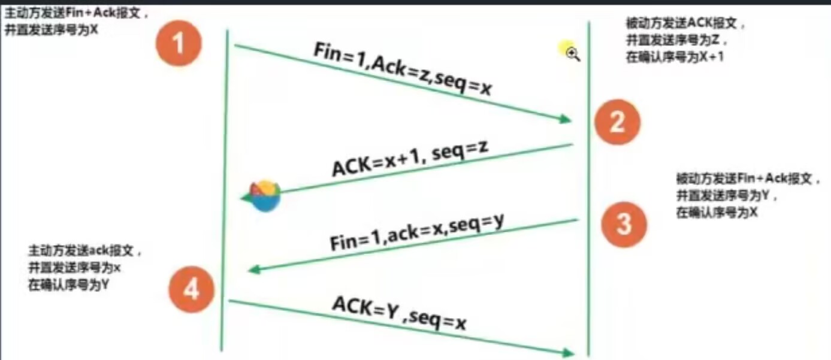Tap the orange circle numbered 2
pyautogui.click(x=617, y=122)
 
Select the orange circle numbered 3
pyautogui.click(x=624, y=224)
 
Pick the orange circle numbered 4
pyautogui.click(x=191, y=291)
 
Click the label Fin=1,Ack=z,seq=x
pyautogui.click(x=403, y=71)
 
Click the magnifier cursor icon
pyautogui.click(x=573, y=55)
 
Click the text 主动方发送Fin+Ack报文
pyautogui.click(x=78, y=11)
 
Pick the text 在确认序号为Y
pyautogui.click(x=68, y=285)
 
